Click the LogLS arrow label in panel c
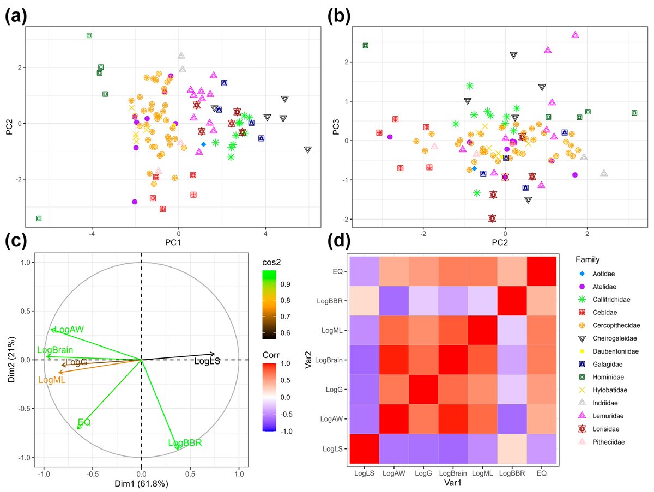pos(207,361)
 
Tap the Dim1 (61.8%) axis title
pos(141,483)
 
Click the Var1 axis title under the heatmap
pos(453,483)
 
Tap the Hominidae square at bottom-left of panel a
pos(39,218)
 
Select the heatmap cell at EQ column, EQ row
pos(542,271)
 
